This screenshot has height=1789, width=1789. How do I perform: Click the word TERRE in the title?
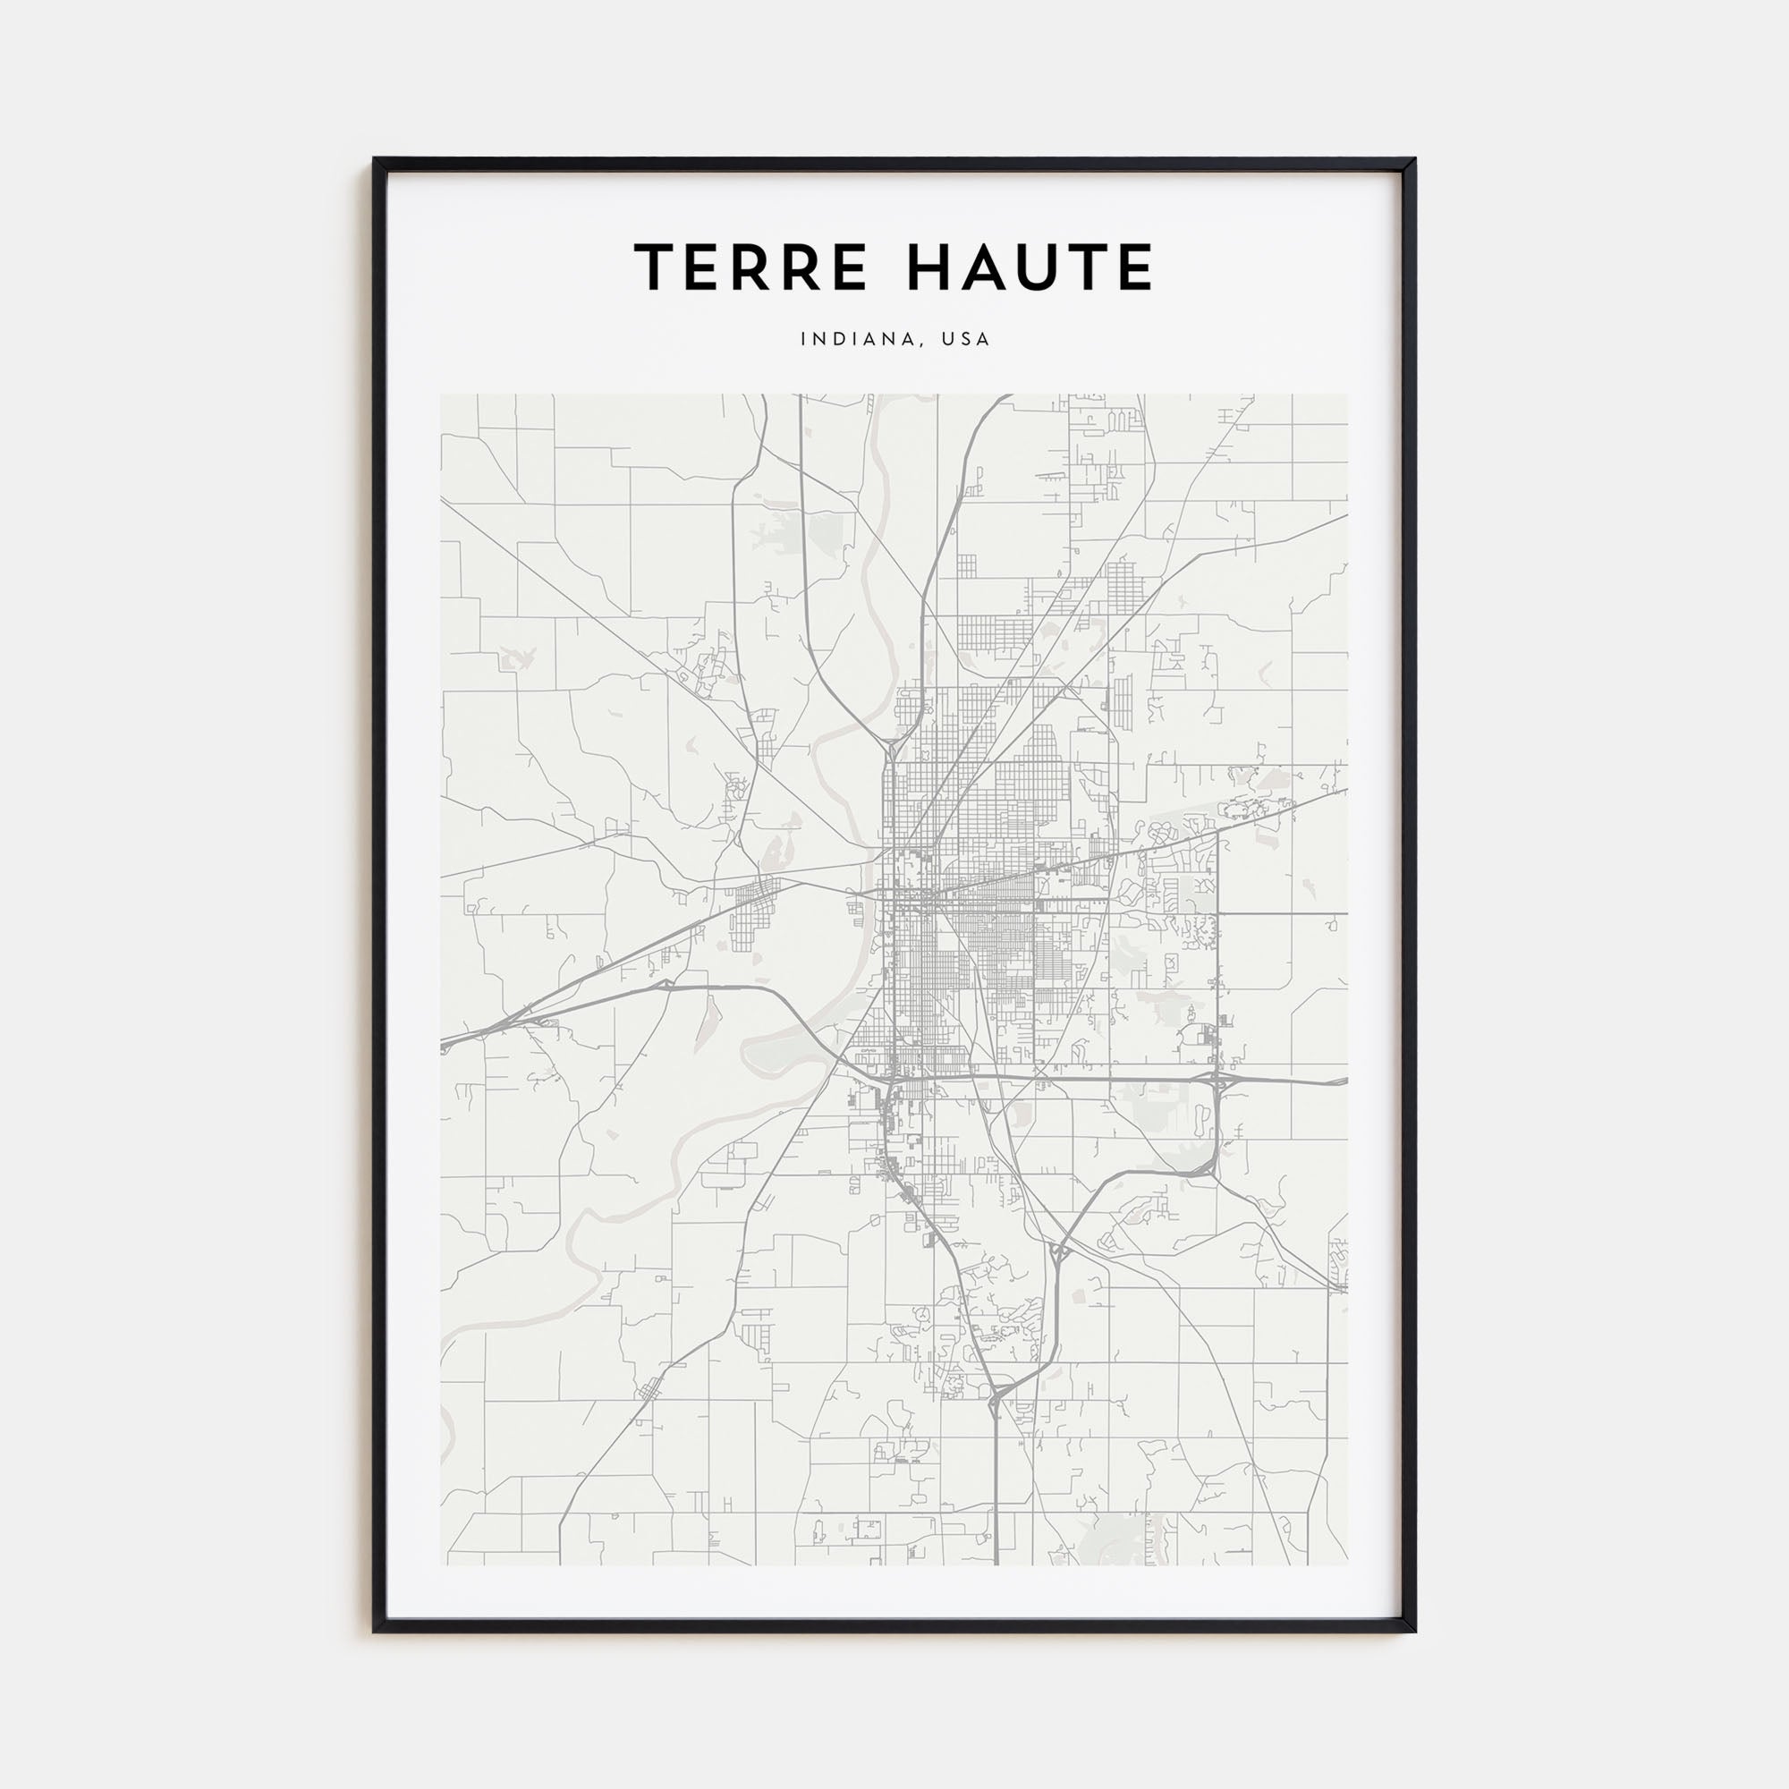pos(751,267)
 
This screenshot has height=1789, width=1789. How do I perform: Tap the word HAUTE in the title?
pos(1030,267)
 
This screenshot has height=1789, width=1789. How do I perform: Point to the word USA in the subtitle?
pos(966,340)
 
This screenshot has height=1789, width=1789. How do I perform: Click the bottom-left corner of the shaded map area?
pos(442,1564)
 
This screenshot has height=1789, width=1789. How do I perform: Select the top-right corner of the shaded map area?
pos(1347,395)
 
